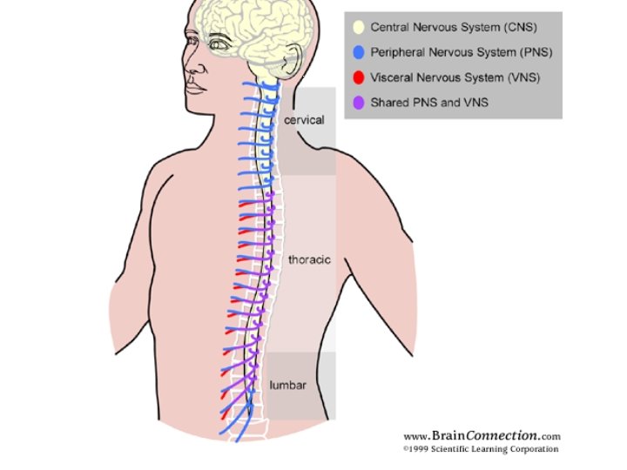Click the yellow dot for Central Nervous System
coord(358,28)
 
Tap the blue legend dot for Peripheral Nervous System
coord(358,52)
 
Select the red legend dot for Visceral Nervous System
coord(358,77)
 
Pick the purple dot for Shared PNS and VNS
coord(358,103)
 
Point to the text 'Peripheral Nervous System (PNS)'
coord(461,52)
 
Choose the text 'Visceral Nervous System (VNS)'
coord(455,77)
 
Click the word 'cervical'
coord(304,119)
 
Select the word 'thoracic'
coord(309,259)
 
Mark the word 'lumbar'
coord(287,384)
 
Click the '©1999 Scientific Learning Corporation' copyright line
coord(482,449)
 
